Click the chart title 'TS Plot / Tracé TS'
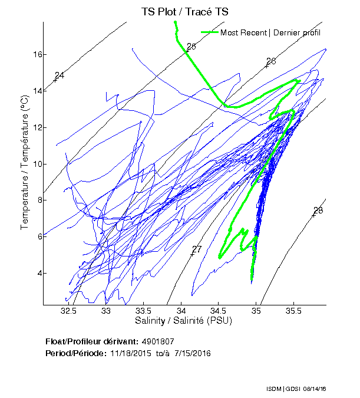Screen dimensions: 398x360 click(184, 11)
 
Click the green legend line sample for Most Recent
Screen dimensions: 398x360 click(210, 32)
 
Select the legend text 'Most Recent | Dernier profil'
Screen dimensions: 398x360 click(270, 32)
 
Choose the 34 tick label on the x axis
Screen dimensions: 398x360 click(181, 311)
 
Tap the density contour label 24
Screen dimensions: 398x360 click(59, 75)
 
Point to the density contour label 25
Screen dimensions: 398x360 click(191, 47)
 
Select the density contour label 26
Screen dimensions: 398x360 click(271, 61)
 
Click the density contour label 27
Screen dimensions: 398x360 click(197, 249)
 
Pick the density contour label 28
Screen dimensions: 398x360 click(318, 210)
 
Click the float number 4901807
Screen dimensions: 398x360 click(158, 341)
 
